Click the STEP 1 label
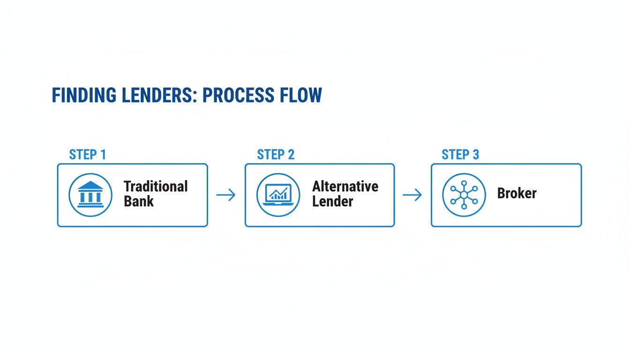coord(87,155)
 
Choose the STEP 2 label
coord(276,155)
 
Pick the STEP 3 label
coord(460,155)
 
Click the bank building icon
coord(90,195)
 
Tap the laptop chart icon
coord(278,195)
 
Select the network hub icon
coord(464,195)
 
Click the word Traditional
coord(156,187)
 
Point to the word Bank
coord(139,202)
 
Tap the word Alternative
coord(345,187)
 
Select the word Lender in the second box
coord(332,202)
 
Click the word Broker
coord(517,194)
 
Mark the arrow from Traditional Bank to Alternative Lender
coord(226,195)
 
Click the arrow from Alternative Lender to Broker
coord(412,195)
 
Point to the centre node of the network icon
coord(464,195)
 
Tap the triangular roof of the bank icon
coord(90,185)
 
